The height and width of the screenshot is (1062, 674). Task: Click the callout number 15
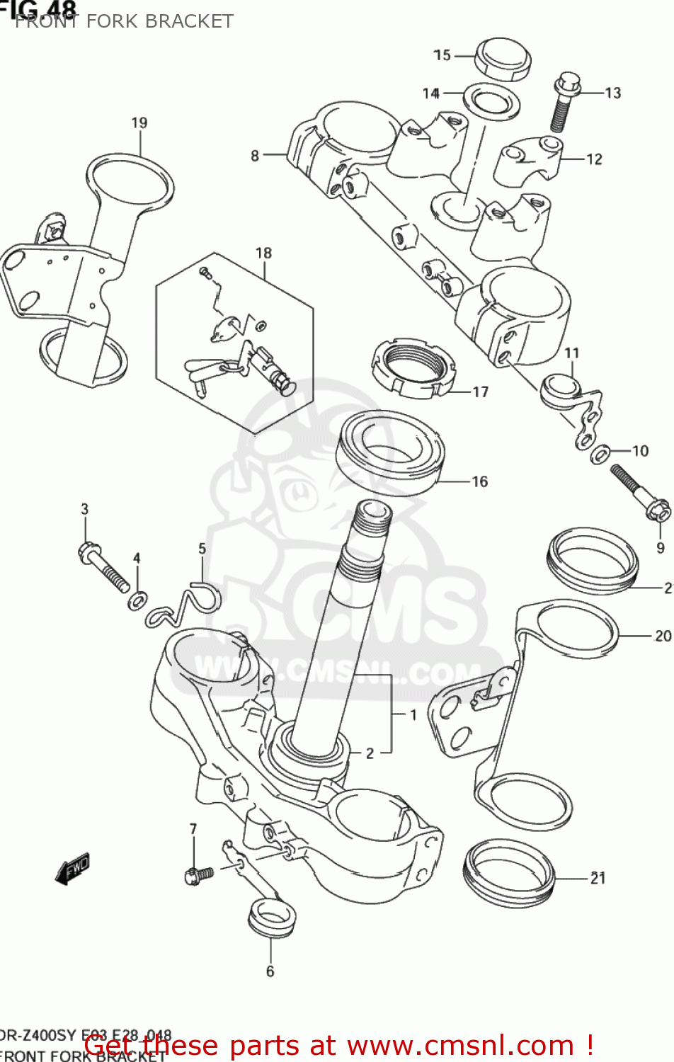(442, 55)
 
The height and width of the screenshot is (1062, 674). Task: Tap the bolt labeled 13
(564, 102)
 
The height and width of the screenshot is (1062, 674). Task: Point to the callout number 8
(255, 155)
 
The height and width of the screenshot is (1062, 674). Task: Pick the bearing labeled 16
(392, 451)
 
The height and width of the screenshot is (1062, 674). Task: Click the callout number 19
(139, 122)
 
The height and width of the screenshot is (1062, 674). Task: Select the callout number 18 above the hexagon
(263, 253)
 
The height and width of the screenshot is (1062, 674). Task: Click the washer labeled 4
(138, 601)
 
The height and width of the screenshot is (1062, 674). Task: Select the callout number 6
(270, 971)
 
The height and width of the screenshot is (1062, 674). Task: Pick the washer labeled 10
(601, 452)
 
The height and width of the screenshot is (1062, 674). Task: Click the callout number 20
(663, 636)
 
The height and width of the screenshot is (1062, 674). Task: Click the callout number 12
(594, 159)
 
